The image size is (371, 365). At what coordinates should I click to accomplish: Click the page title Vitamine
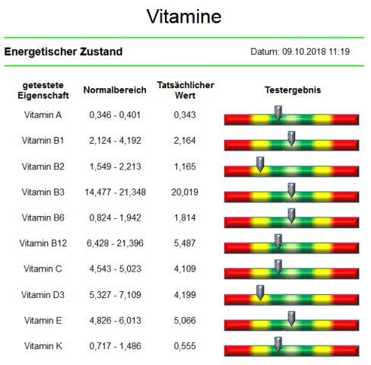(x=184, y=17)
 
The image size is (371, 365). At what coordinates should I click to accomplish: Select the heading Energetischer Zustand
(x=63, y=52)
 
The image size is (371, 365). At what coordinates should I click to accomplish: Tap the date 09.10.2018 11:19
(x=316, y=52)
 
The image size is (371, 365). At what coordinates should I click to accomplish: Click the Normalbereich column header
(x=115, y=90)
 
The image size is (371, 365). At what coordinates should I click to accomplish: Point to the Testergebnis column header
(x=293, y=90)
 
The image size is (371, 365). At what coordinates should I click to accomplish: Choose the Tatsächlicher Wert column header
(x=185, y=90)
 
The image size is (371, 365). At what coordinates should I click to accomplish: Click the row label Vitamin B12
(x=43, y=243)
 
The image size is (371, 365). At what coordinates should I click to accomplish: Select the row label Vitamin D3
(x=43, y=295)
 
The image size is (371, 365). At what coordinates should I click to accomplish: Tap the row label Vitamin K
(x=43, y=346)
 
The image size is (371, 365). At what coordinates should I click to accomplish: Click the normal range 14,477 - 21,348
(x=116, y=192)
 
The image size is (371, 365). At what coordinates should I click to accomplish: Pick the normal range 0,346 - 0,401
(x=115, y=115)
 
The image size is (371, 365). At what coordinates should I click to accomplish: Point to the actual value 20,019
(x=185, y=192)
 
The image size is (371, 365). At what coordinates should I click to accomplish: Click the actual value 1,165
(x=185, y=167)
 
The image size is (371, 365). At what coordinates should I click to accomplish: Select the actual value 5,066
(x=185, y=321)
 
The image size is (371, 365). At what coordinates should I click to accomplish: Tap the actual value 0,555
(x=185, y=346)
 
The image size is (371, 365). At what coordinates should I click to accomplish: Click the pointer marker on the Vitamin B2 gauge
(x=260, y=164)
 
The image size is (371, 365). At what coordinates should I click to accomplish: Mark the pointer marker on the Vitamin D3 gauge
(x=260, y=293)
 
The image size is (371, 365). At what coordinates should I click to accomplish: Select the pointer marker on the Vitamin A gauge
(x=278, y=113)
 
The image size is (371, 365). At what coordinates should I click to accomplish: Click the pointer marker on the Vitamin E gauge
(x=291, y=319)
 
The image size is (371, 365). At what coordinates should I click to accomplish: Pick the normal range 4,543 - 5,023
(x=115, y=269)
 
